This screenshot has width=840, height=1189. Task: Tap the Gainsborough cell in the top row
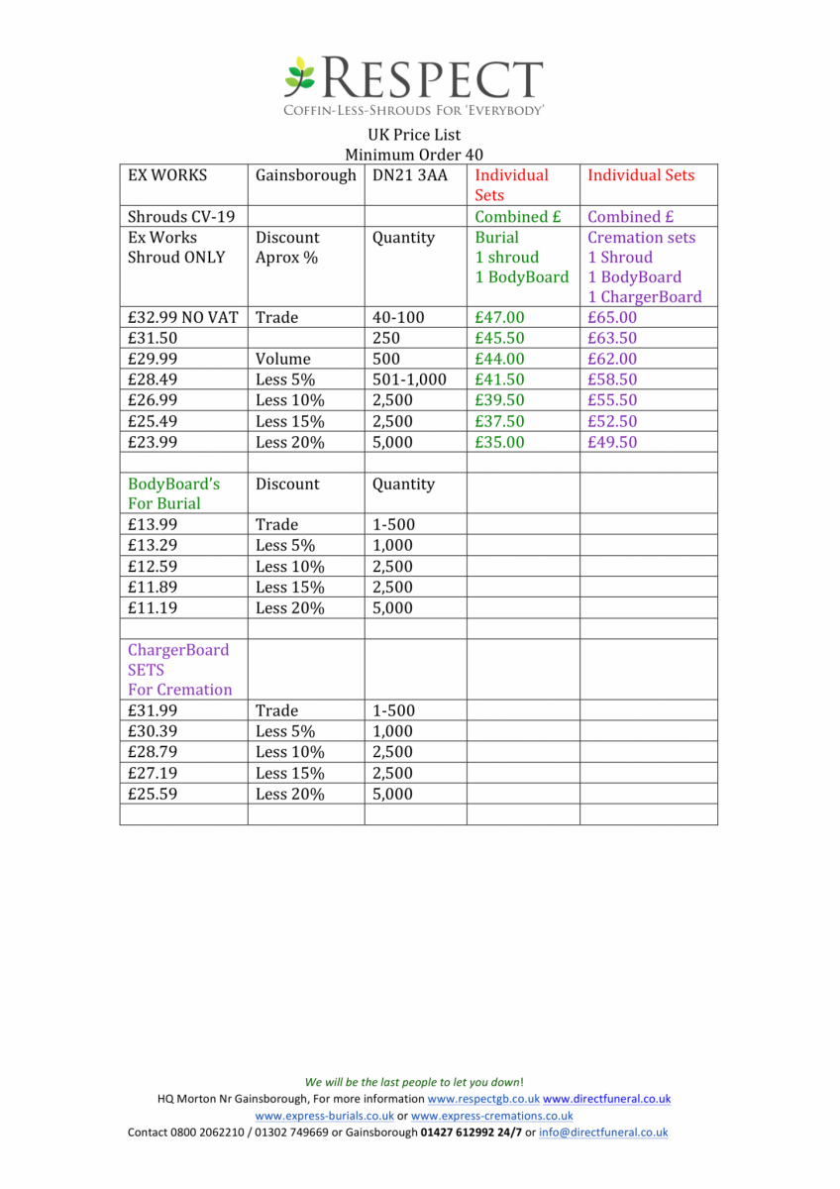(305, 175)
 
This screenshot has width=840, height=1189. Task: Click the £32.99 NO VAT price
(183, 318)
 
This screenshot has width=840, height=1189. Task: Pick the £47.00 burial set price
(500, 318)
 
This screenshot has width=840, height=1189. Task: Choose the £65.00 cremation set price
(612, 318)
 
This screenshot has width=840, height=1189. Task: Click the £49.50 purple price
(612, 442)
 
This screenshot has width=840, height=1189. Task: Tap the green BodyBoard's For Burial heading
(174, 493)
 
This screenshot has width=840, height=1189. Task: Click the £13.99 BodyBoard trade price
(153, 525)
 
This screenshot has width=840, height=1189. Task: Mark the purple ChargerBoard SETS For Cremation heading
(179, 670)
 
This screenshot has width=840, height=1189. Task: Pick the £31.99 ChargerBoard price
(153, 710)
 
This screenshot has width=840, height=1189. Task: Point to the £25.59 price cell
(153, 794)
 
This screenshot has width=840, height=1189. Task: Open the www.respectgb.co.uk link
(483, 1099)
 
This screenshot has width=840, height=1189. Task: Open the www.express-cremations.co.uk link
(491, 1116)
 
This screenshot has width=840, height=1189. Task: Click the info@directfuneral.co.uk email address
(603, 1133)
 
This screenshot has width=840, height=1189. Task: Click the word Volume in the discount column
(282, 359)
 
